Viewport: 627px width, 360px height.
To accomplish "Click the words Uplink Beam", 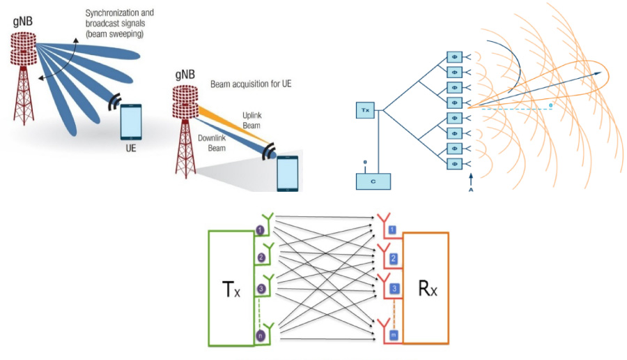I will point(254,117).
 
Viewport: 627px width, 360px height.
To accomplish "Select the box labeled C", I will point(373,180).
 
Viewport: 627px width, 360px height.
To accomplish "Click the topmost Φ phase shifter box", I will point(454,57).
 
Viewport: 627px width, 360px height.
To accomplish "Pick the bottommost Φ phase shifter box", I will point(454,163).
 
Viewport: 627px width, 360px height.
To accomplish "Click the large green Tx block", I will point(231,287).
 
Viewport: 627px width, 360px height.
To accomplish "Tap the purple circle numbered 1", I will point(260,230).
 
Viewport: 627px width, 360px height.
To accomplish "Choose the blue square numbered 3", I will point(394,287).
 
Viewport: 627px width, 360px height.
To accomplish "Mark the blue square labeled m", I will point(394,336).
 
